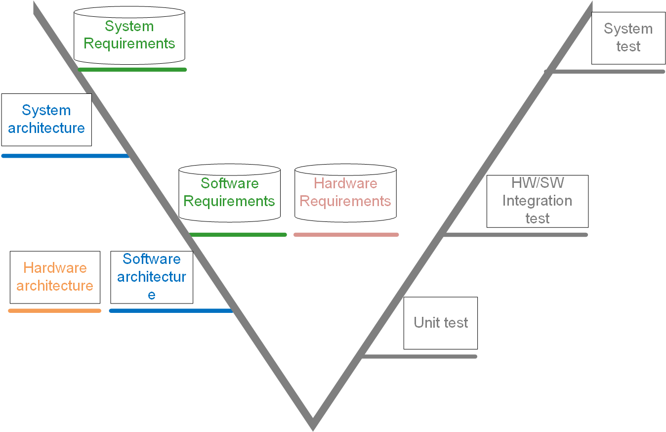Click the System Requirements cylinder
click(129, 36)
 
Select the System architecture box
click(46, 120)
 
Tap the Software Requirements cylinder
click(229, 193)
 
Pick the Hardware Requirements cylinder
click(345, 193)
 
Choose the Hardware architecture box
click(55, 277)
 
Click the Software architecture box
click(152, 277)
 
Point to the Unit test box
click(441, 323)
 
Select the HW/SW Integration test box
click(538, 201)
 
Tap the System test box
click(628, 38)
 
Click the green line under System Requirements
click(132, 70)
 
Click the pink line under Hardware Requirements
click(346, 235)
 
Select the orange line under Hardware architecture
click(55, 311)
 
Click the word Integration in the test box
click(538, 201)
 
